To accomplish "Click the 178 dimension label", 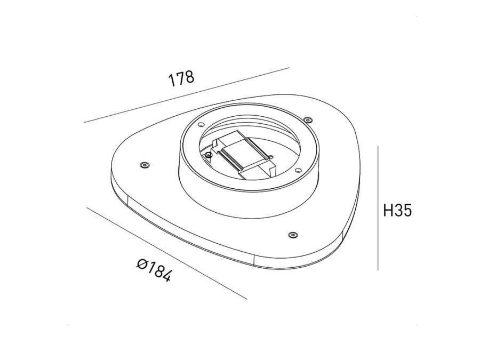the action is point(181,79).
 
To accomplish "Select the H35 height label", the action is point(398,211).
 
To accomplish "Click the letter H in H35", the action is point(388,211).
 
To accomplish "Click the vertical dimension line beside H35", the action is point(378,208).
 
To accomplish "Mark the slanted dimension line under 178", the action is point(187,95).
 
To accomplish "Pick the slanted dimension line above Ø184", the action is point(167,253).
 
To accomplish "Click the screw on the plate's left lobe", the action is point(144,165).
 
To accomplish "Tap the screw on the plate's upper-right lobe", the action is point(307,119).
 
